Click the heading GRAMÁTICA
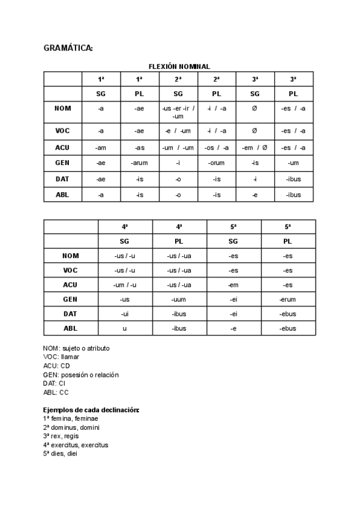pos(68,48)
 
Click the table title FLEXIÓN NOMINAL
pos(179,67)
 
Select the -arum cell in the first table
pos(139,163)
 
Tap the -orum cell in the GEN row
pos(216,163)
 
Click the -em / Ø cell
pos(254,148)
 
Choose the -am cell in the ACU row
pos(101,148)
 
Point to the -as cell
pos(139,148)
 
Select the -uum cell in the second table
pos(179,298)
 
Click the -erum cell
pos(287,298)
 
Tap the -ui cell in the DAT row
pos(125,313)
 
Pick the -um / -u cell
pos(125,285)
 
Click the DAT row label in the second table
pos(71,313)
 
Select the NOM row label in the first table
pos(62,108)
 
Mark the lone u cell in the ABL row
pos(125,328)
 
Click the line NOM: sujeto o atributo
pos(76,348)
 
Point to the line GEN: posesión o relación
pos(81,375)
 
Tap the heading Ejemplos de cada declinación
pos(91,410)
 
